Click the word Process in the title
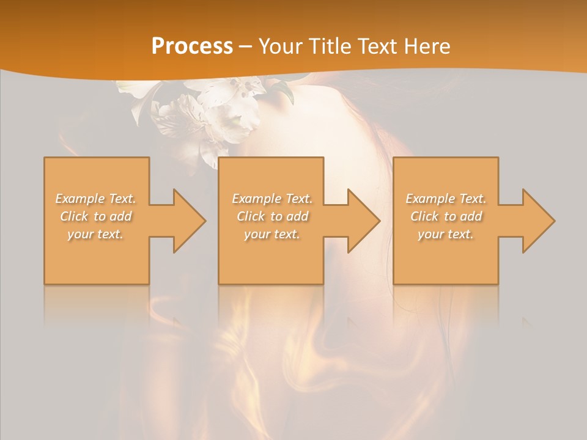pos(192,46)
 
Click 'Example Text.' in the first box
pos(96,199)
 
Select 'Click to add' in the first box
pos(96,216)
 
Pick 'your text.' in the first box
pos(96,234)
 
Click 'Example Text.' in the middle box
pos(271,199)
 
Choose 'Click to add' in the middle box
pos(271,216)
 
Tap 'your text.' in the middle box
pos(271,234)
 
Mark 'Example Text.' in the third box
pos(446,199)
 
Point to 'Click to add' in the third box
pos(446,216)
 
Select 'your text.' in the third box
pos(446,234)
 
